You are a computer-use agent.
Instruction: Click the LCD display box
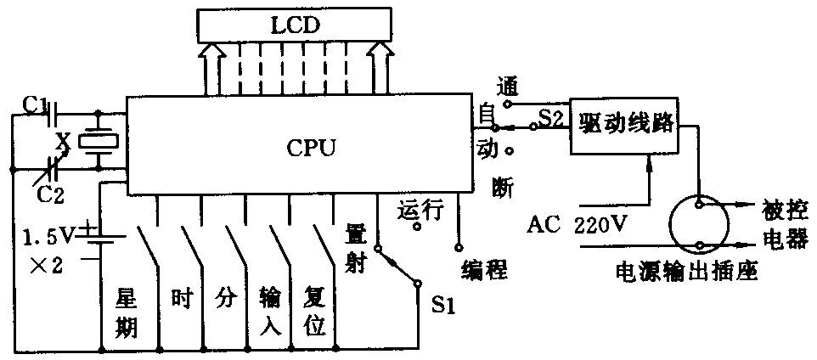coord(296,25)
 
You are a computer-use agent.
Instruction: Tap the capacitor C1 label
coord(35,105)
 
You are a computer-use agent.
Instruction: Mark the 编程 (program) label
coord(485,271)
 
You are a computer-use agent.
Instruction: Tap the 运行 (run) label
coord(421,210)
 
